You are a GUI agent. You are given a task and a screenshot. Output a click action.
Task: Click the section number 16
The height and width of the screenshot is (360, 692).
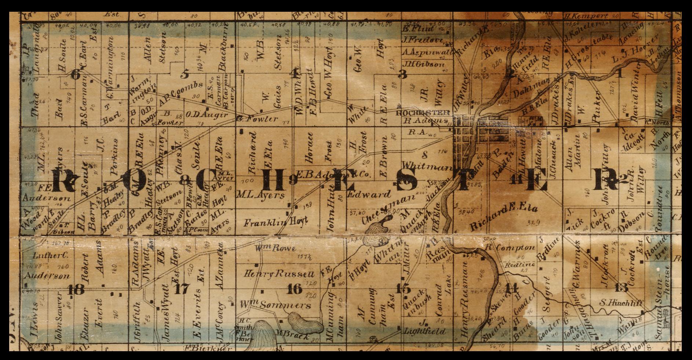coord(295,289)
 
